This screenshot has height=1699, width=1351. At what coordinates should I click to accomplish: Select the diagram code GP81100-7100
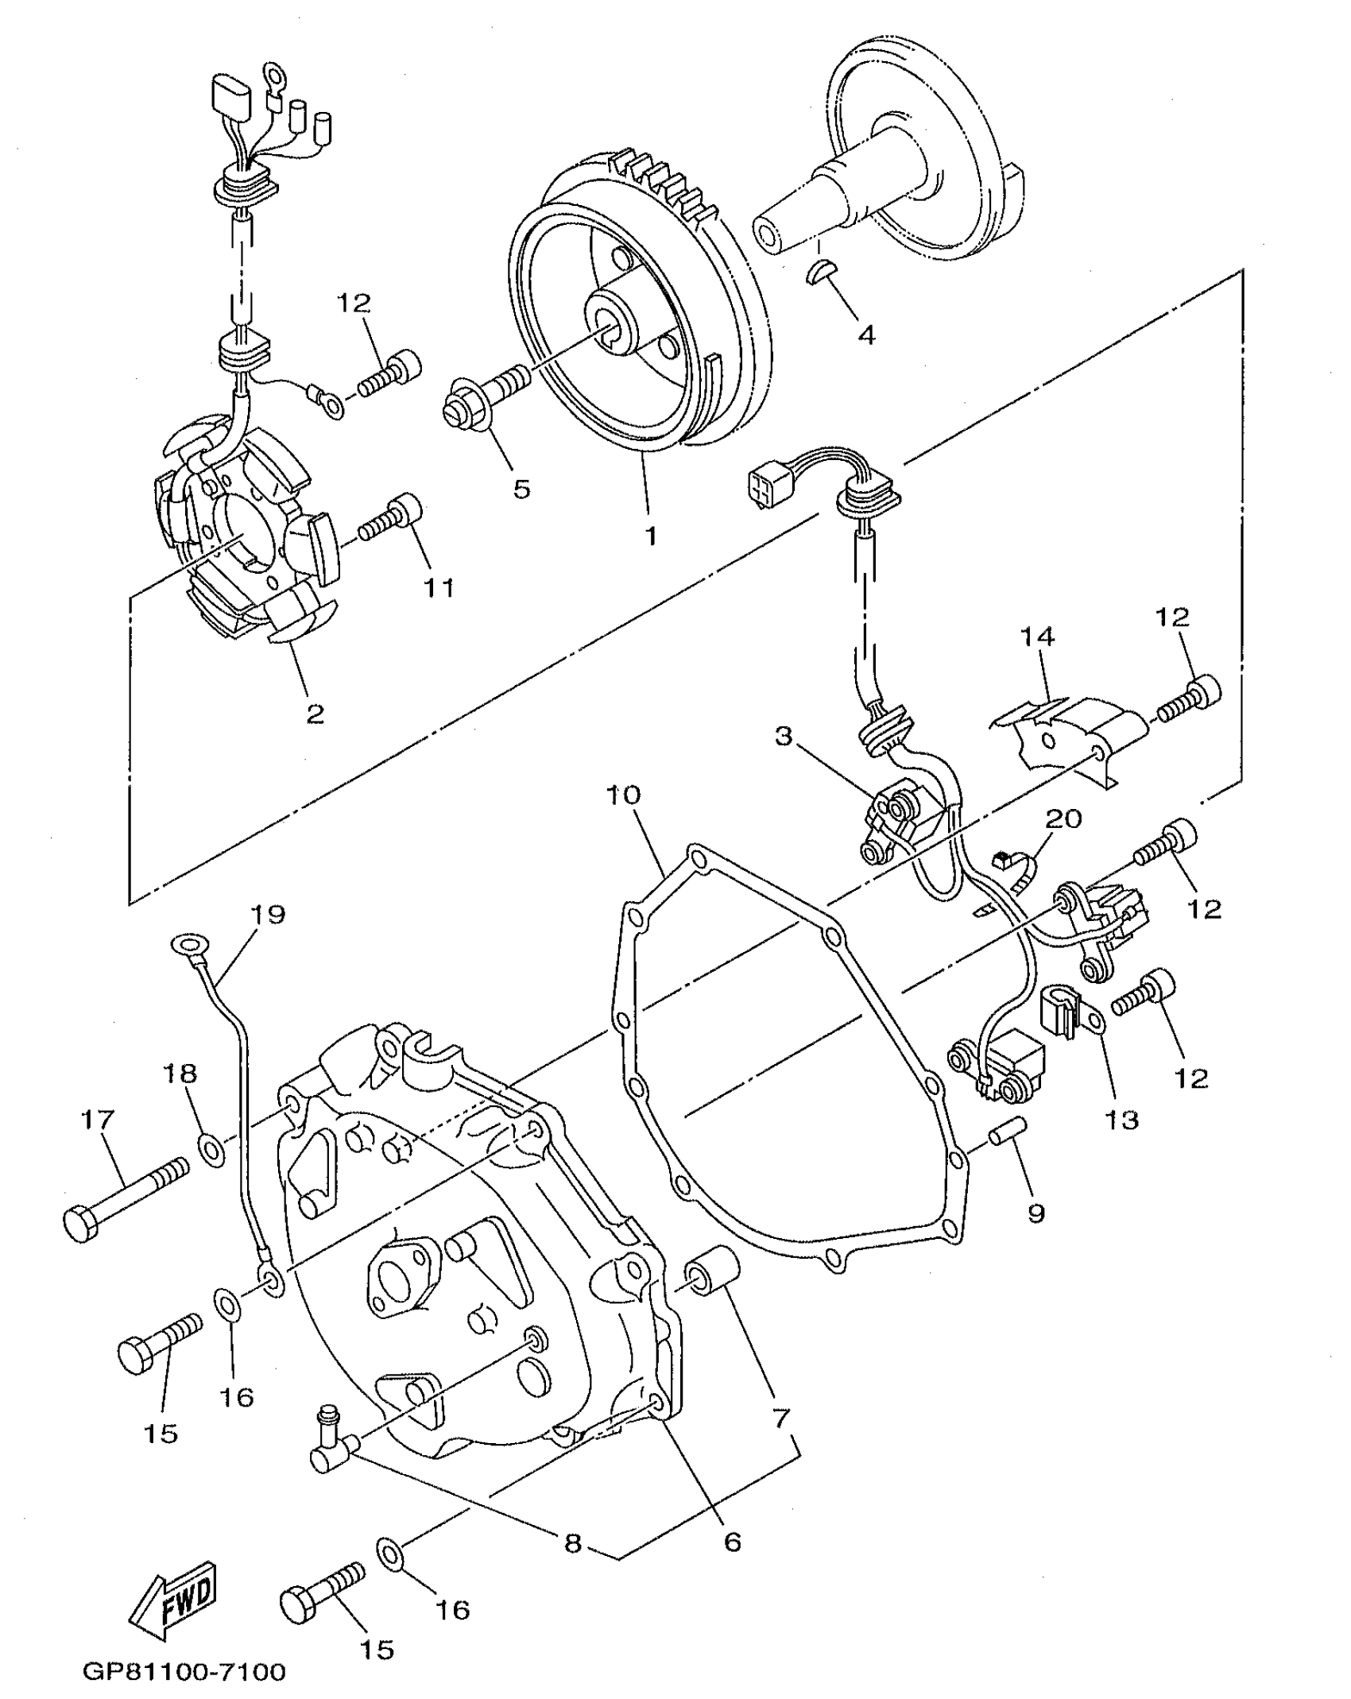[x=184, y=1672]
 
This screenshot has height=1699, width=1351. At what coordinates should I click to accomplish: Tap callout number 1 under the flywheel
[x=651, y=536]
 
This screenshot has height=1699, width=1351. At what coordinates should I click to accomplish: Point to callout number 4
[x=866, y=335]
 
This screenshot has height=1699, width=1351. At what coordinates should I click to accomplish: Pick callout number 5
[x=521, y=489]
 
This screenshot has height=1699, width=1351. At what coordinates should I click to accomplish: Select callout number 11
[x=438, y=588]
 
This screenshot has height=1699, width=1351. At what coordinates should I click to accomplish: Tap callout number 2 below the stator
[x=315, y=714]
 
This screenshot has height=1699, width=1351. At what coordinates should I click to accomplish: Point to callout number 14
[x=1036, y=637]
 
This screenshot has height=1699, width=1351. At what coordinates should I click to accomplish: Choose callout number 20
[x=1063, y=819]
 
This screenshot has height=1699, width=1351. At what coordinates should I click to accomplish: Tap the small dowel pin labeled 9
[x=1008, y=1133]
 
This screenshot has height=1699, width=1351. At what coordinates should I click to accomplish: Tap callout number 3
[x=784, y=737]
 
